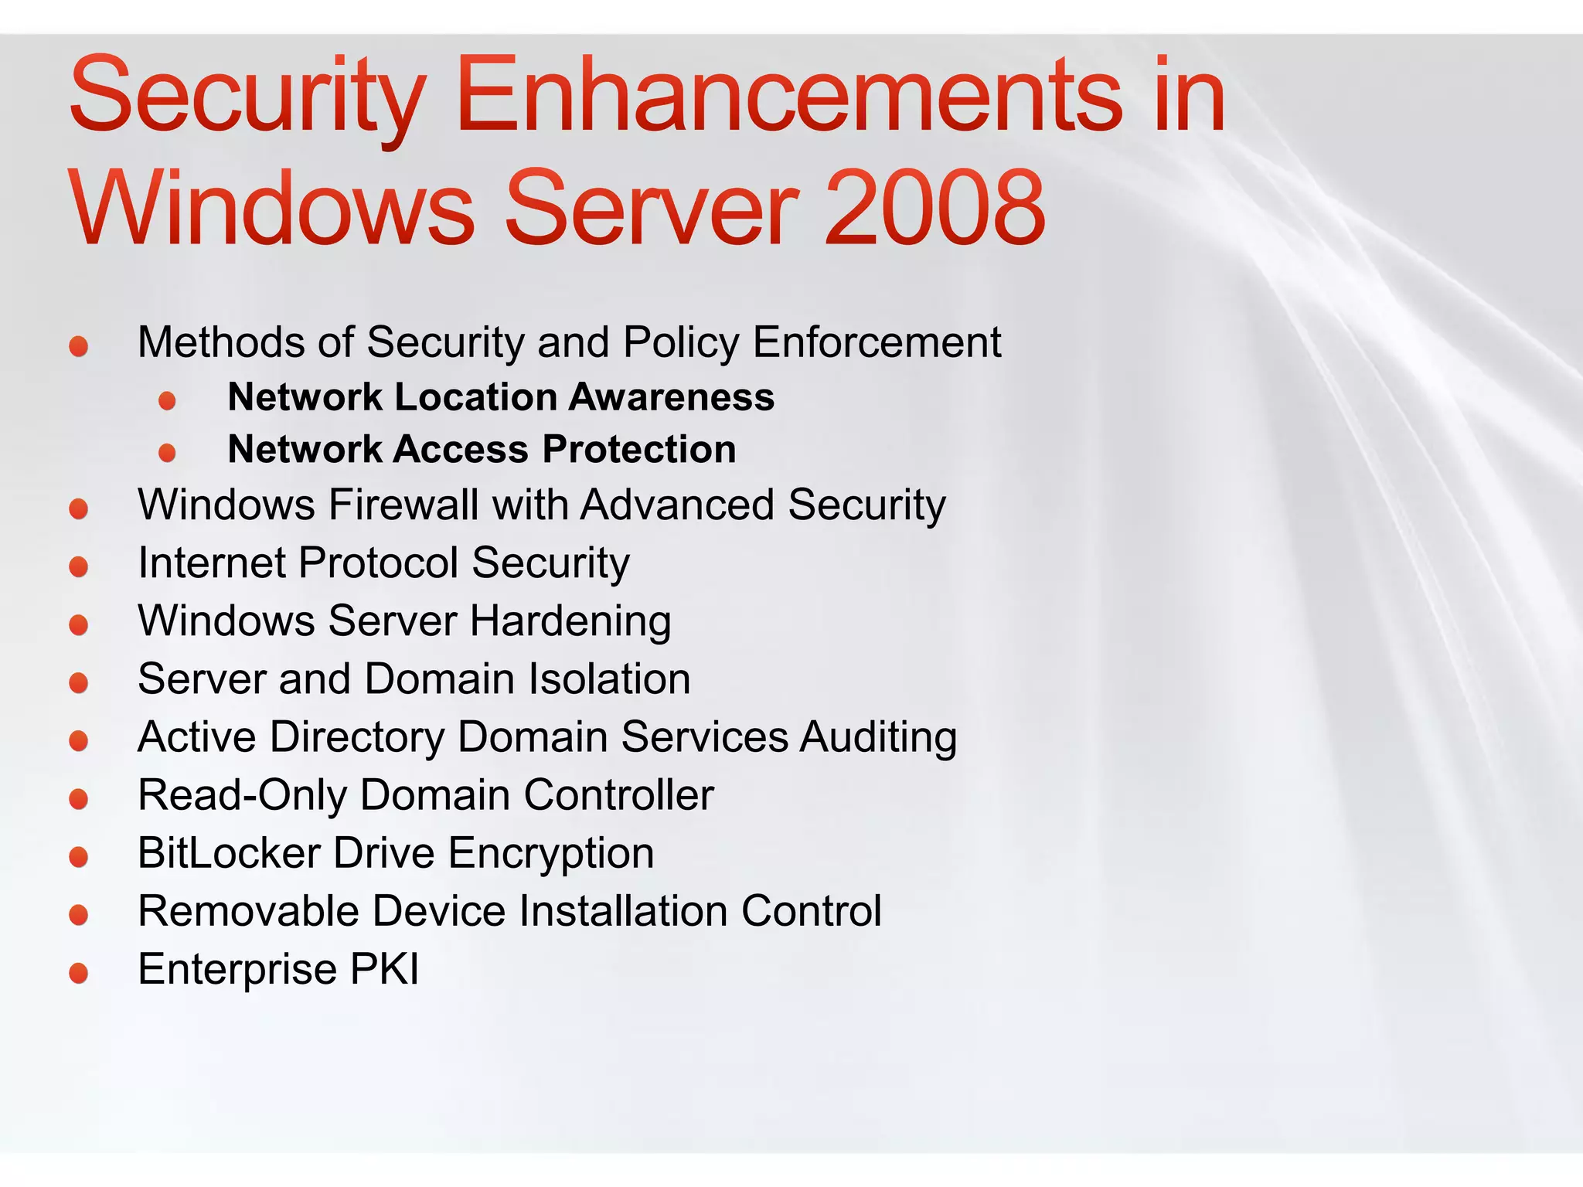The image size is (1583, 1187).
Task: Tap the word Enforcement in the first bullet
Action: click(877, 342)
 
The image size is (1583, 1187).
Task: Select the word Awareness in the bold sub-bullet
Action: click(672, 397)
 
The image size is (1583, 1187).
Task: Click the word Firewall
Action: click(403, 505)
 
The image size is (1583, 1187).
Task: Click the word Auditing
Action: click(879, 737)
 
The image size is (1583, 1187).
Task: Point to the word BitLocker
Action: click(229, 853)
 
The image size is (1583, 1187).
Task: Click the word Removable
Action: click(248, 911)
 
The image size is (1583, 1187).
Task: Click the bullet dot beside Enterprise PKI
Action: click(78, 973)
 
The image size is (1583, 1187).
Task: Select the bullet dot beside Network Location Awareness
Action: click(167, 400)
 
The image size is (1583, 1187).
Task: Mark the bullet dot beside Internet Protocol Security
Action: click(78, 567)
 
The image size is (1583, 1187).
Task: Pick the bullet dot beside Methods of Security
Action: click(78, 346)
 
